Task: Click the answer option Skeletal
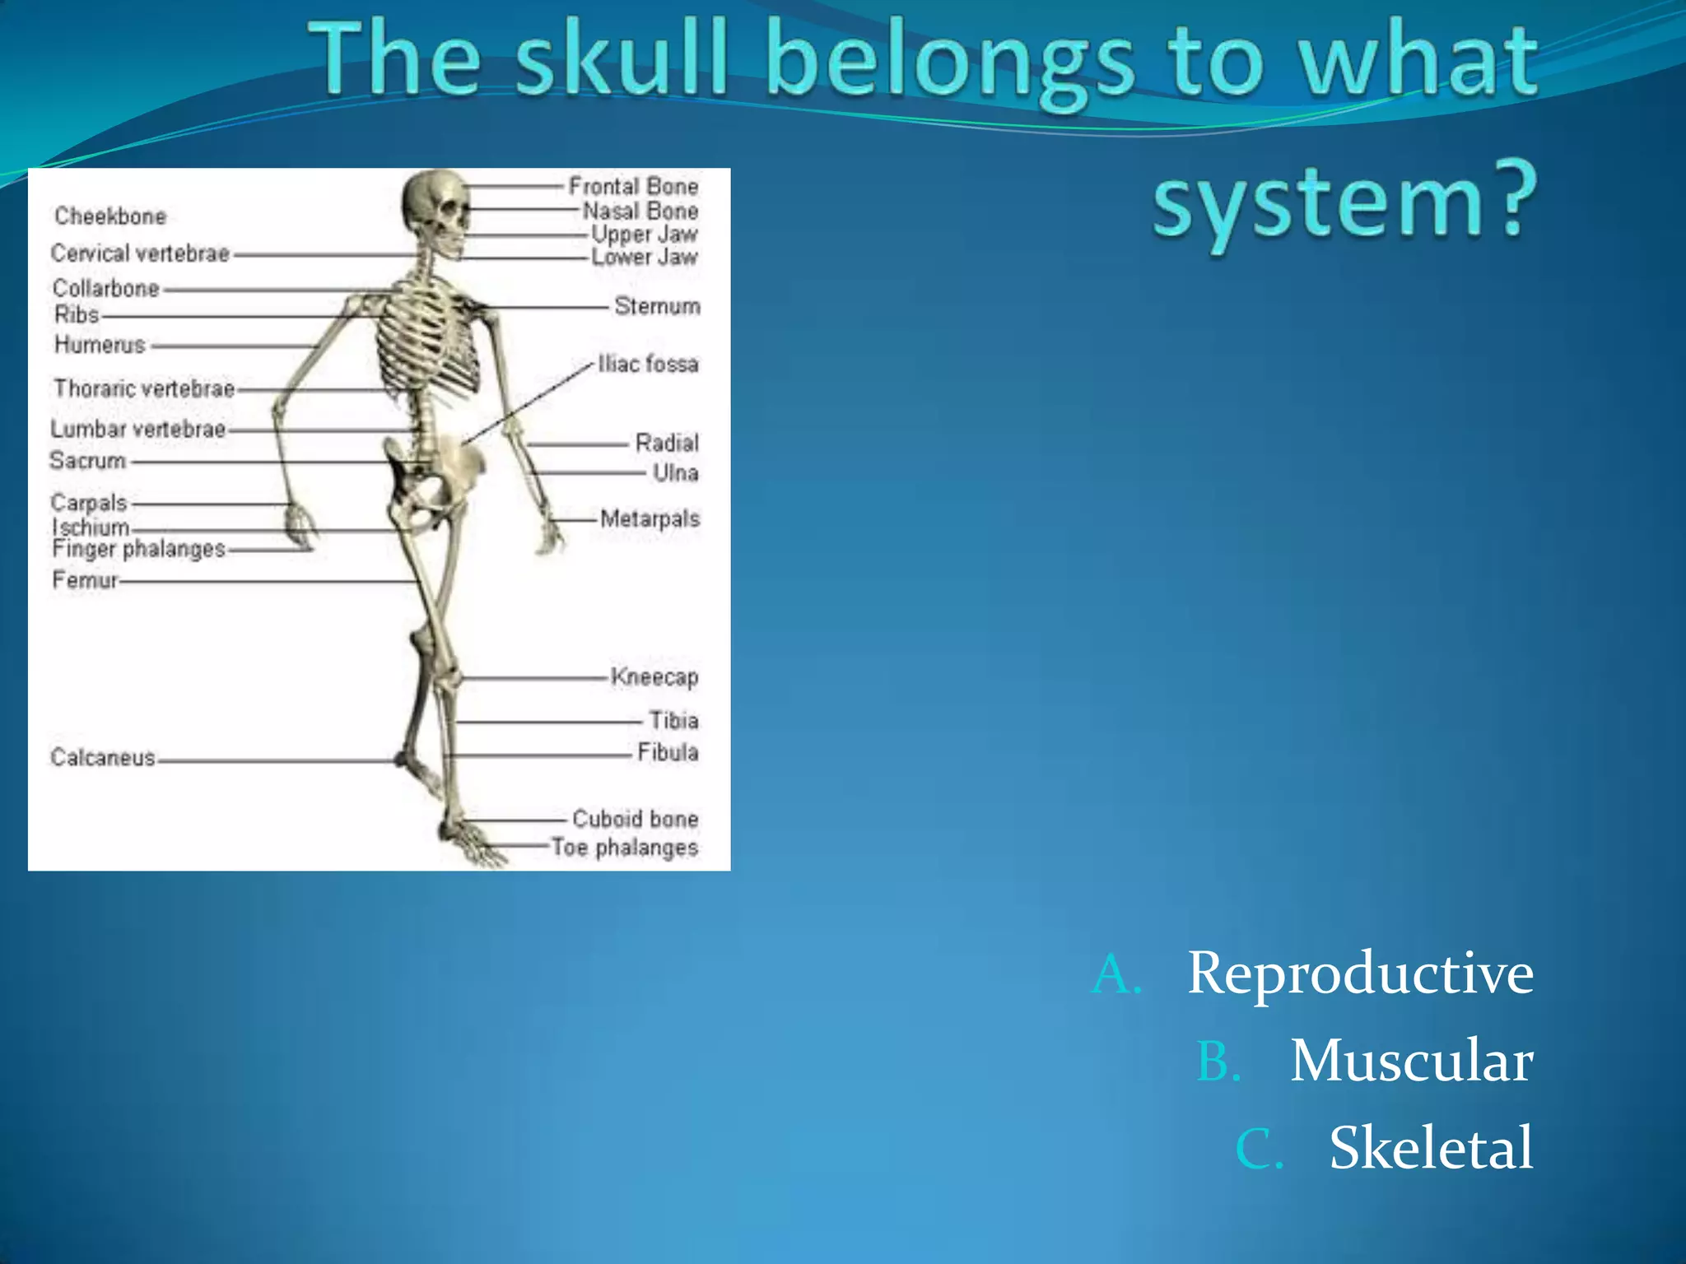pos(1431,1147)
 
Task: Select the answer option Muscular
pos(1411,1060)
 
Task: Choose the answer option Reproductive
pos(1360,974)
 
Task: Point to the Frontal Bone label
pos(633,187)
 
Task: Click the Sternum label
pos(657,306)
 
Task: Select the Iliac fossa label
pos(648,364)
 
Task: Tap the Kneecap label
pos(654,676)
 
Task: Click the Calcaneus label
pos(103,757)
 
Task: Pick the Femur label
pos(85,580)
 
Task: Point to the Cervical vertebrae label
pos(140,253)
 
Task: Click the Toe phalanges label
pos(624,847)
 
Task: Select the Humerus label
pos(100,345)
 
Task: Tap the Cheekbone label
pos(110,216)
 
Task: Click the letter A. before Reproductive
pos(1116,974)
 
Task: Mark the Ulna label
pos(675,472)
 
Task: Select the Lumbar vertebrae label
pos(137,429)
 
